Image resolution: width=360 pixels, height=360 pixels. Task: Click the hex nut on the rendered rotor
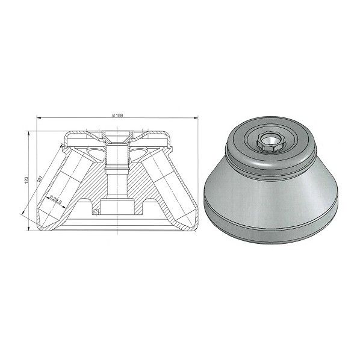269,142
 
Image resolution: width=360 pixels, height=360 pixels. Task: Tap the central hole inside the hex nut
269,141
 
